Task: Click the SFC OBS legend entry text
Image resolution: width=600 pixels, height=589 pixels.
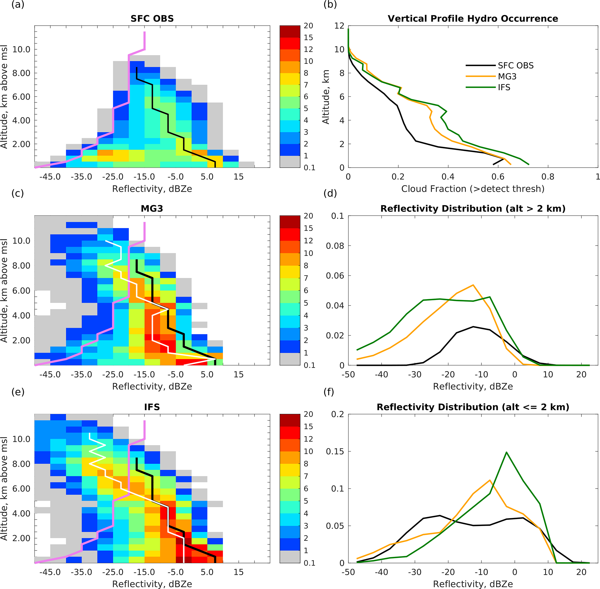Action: click(x=516, y=66)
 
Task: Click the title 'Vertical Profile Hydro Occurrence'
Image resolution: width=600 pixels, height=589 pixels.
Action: click(x=473, y=19)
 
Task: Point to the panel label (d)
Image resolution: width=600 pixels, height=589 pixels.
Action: click(x=330, y=193)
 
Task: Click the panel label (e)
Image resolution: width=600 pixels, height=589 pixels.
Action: click(x=18, y=392)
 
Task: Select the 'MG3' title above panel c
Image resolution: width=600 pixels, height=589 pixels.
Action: click(x=152, y=209)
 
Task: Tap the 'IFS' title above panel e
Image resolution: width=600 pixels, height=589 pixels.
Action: click(x=152, y=407)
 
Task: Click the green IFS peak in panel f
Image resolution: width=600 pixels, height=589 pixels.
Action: click(x=506, y=452)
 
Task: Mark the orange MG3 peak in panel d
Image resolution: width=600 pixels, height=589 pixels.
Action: click(x=473, y=285)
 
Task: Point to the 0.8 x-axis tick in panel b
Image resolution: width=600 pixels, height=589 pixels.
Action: click(x=548, y=177)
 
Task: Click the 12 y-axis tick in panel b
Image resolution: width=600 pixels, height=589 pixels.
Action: click(x=339, y=26)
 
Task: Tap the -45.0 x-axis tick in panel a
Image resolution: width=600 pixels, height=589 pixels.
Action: click(x=50, y=177)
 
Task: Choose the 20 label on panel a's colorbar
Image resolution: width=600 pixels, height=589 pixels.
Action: click(x=308, y=26)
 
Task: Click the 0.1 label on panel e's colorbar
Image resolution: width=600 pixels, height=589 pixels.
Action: click(x=309, y=563)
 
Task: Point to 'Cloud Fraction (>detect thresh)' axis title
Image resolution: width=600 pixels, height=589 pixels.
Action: click(x=473, y=189)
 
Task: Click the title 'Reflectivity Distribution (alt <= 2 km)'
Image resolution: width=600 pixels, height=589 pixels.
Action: click(x=473, y=407)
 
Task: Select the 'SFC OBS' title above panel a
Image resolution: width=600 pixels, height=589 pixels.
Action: click(x=152, y=19)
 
